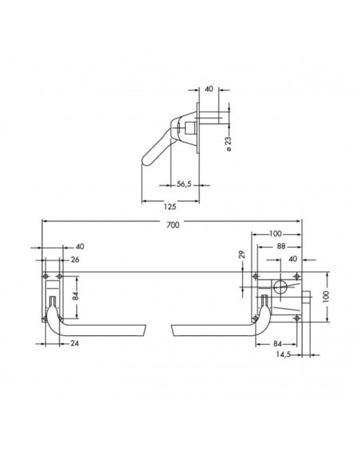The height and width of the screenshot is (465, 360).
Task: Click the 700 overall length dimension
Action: tap(173, 225)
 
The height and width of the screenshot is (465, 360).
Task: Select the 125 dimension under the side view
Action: tap(170, 206)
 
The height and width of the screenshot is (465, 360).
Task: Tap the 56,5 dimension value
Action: tap(184, 184)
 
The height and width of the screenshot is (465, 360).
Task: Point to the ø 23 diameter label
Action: tap(229, 143)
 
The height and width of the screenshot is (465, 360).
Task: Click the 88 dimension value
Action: tap(280, 247)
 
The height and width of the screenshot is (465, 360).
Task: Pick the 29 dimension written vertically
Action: tap(242, 255)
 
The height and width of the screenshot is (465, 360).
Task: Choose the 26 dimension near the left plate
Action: tap(76, 260)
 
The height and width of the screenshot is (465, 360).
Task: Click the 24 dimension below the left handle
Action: tap(75, 343)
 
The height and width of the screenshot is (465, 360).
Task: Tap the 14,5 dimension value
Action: tap(284, 354)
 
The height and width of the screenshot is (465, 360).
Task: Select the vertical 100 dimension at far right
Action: tap(326, 296)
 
